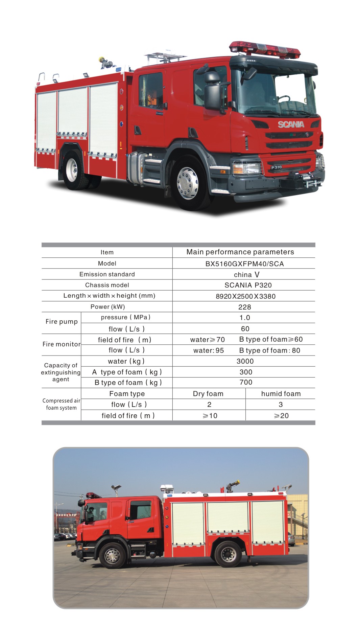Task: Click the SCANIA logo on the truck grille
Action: coord(291,124)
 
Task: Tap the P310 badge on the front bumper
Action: coord(276,167)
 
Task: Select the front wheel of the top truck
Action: coord(188,183)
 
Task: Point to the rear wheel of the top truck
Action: coord(72,169)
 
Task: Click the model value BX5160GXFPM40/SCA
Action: coord(244,264)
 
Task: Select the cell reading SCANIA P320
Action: coord(248,285)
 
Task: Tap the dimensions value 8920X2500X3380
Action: coord(245,296)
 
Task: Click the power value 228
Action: coord(244,307)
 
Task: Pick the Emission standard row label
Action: coord(107,274)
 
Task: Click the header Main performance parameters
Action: coord(240,252)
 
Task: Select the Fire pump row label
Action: coord(62,322)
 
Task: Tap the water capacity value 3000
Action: coord(245,361)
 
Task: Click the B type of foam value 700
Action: coord(246,382)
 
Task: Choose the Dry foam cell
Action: coord(208,394)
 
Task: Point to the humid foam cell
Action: coord(281,394)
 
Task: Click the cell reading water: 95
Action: coord(208,350)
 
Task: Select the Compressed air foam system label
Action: coord(61,404)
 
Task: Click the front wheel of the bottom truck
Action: coord(112,556)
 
